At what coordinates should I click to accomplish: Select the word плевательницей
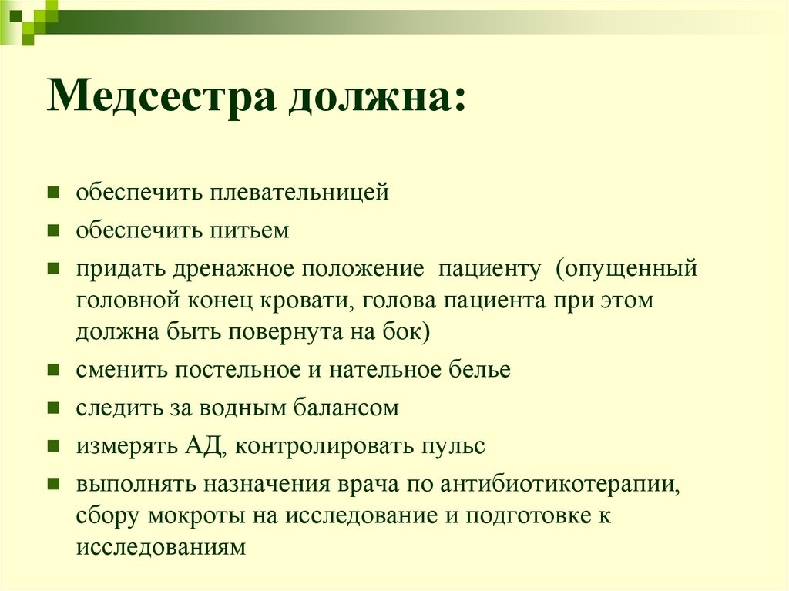(x=297, y=193)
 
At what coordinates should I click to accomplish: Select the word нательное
(x=384, y=370)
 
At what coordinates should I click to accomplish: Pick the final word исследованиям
(x=161, y=547)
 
